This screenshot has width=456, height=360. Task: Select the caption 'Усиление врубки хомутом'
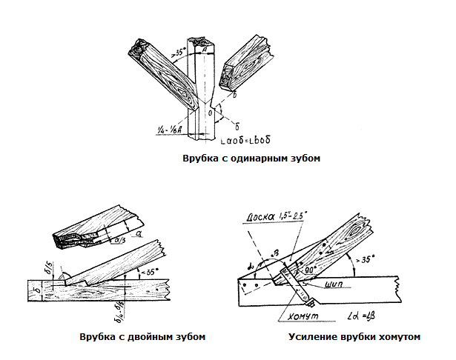pyautogui.click(x=356, y=336)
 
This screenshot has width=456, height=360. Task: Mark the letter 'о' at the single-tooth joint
pyautogui.click(x=211, y=113)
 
